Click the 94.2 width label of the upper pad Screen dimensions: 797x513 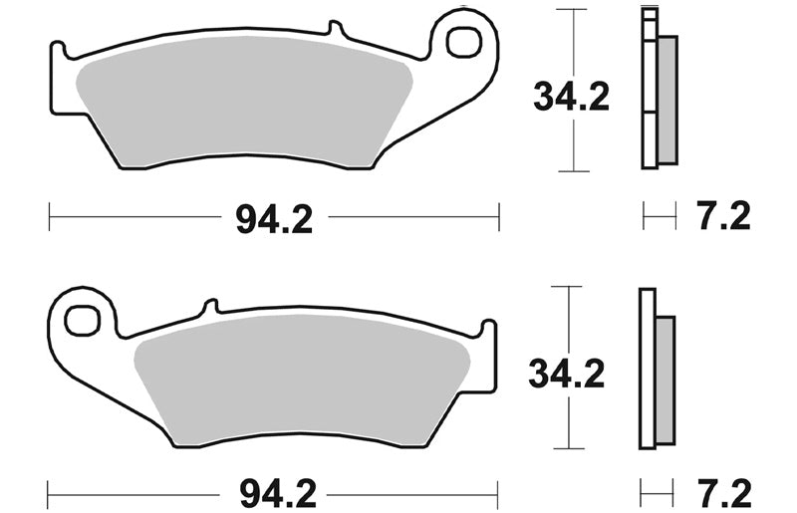point(274,220)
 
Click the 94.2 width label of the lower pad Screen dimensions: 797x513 point(278,493)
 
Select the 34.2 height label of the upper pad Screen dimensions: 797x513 point(571,97)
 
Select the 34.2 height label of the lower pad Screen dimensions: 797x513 point(567,374)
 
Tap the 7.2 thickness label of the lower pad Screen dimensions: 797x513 point(725,493)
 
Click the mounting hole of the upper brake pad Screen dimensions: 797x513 point(463,41)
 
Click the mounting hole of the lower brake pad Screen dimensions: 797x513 point(82,321)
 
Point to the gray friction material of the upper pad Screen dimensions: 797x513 point(244,102)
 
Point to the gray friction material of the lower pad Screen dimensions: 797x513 point(302,379)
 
